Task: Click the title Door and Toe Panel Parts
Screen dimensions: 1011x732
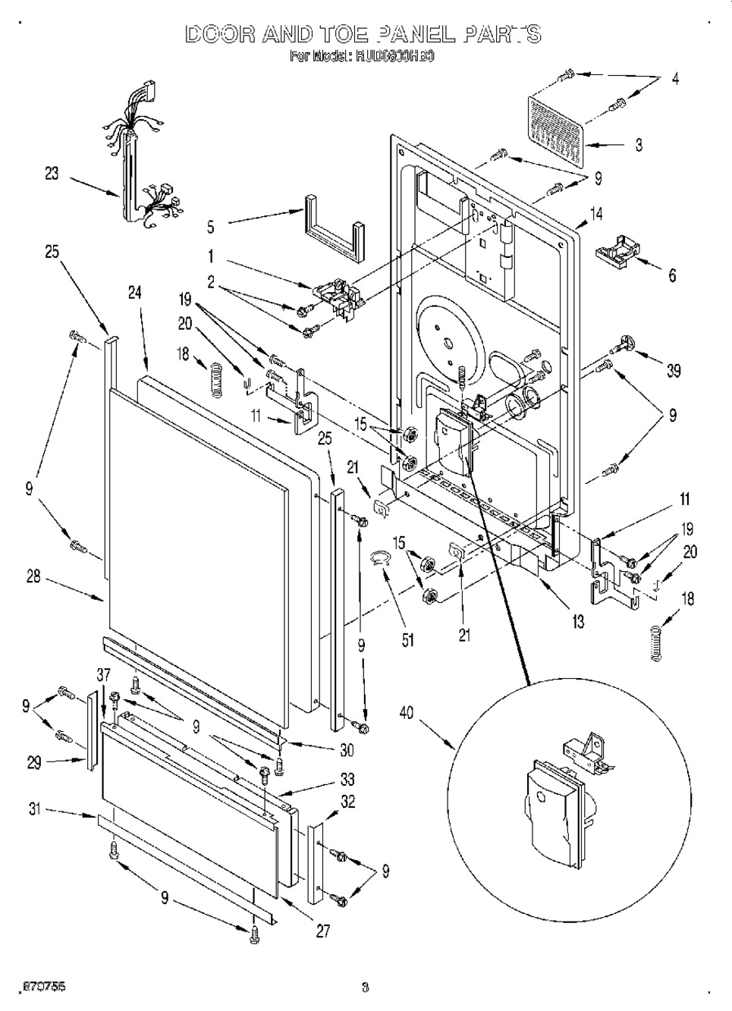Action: pos(363,34)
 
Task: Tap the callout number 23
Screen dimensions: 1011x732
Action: pos(52,173)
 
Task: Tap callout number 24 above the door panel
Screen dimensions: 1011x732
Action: pos(135,293)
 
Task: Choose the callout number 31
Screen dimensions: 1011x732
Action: pos(34,810)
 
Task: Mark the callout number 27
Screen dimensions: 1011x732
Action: pos(322,932)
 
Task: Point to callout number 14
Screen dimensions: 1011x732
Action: pos(597,214)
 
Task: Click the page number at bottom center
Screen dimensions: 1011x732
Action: pos(365,987)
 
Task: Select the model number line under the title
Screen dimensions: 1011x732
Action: pos(362,56)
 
